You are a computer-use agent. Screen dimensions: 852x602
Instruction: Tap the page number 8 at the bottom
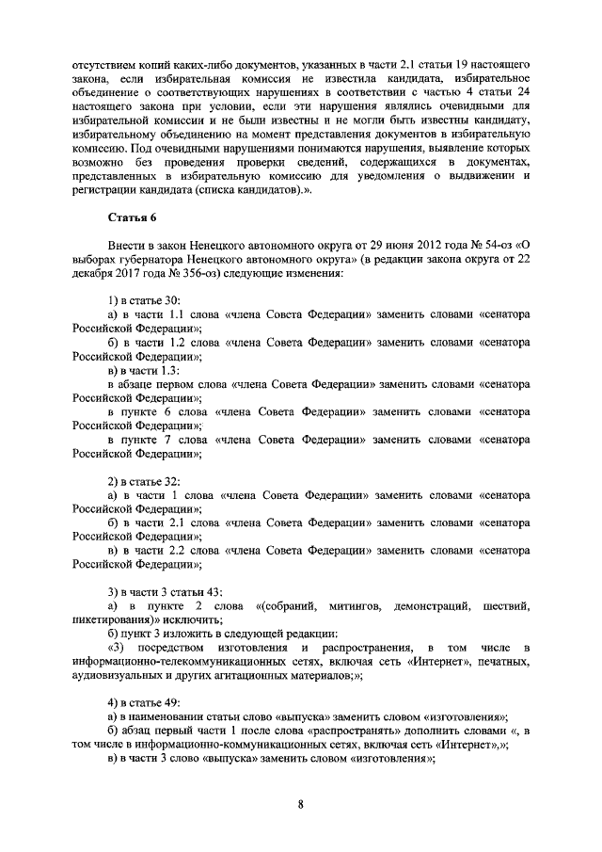pyautogui.click(x=300, y=803)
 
